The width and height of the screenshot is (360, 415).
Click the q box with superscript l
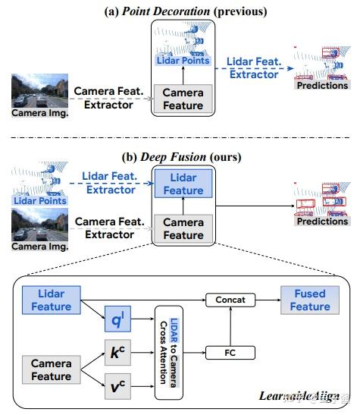(x=117, y=322)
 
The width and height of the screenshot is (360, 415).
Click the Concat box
(x=230, y=300)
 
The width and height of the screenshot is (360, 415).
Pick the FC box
(x=230, y=353)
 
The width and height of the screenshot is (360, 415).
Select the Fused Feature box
(x=309, y=300)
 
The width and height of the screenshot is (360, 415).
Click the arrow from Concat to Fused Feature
(x=265, y=300)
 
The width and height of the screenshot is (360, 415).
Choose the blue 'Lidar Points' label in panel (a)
(x=183, y=60)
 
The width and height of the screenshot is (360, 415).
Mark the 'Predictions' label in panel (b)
(x=322, y=222)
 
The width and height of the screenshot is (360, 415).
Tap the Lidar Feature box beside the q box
(x=52, y=300)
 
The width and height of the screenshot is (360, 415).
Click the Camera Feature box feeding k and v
(x=52, y=370)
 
